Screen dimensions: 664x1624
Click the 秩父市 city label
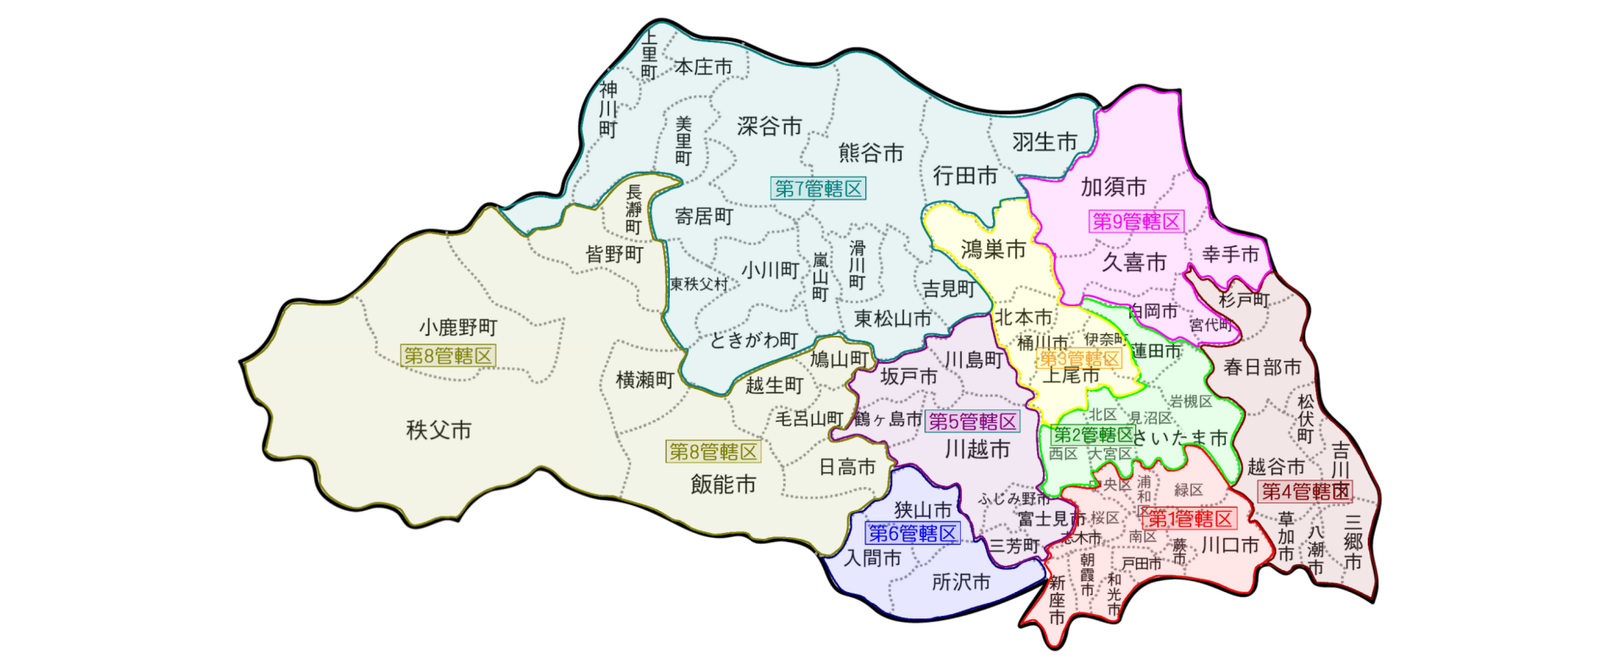(438, 431)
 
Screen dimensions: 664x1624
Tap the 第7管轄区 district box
(818, 189)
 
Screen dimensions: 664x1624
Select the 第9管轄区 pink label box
(1135, 222)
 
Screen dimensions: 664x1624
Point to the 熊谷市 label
(870, 153)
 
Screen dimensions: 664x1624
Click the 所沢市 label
(960, 583)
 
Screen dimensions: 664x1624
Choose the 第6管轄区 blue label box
(913, 534)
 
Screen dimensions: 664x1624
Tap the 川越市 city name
(977, 449)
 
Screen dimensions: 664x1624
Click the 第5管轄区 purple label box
(973, 421)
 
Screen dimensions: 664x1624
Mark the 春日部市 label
(1261, 367)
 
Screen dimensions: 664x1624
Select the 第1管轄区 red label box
(1189, 519)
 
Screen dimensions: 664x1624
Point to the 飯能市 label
(722, 485)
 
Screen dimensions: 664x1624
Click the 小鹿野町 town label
(458, 327)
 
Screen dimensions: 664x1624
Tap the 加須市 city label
(1113, 187)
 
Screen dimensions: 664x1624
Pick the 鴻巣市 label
(993, 250)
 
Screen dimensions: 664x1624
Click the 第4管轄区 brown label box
(1305, 491)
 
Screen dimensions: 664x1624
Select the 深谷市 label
(769, 127)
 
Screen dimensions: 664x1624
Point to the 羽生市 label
(1045, 142)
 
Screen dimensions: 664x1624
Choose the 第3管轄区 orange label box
(1078, 359)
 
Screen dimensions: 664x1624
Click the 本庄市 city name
(703, 67)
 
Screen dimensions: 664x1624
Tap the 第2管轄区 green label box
(1092, 436)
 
